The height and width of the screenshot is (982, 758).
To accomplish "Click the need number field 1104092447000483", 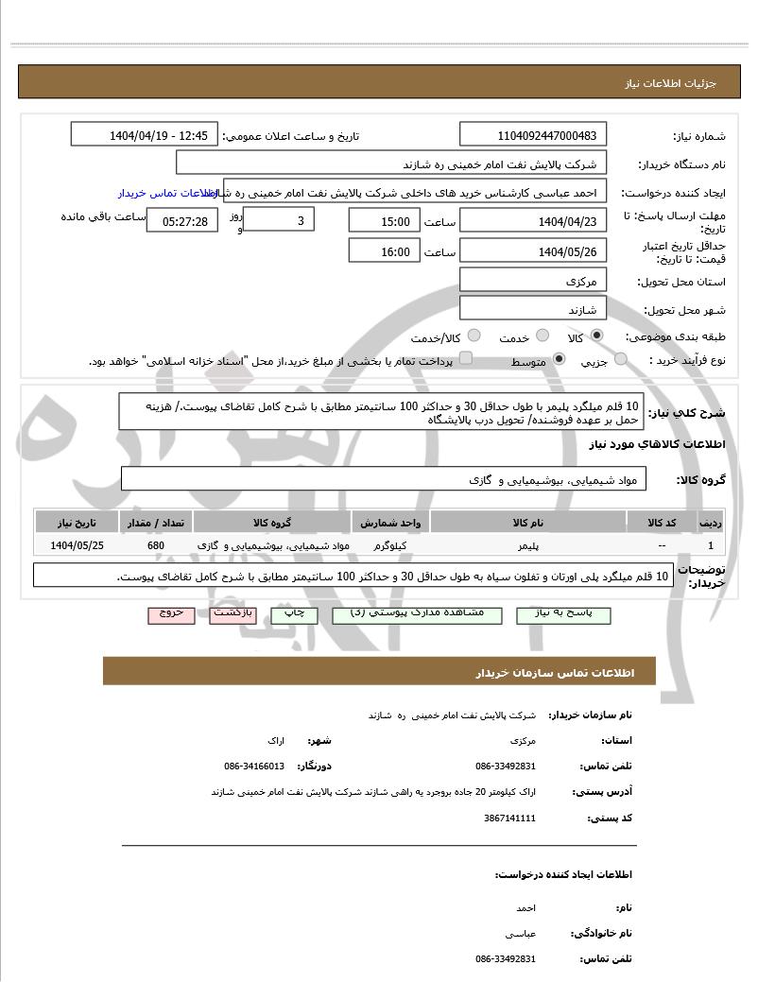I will point(534,135).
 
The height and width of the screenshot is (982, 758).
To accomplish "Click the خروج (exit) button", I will point(171,614).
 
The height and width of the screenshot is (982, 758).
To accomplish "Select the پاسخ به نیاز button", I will point(563,614).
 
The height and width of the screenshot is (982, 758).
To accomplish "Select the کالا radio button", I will point(596,336).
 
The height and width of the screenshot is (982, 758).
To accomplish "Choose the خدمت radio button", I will point(542,336).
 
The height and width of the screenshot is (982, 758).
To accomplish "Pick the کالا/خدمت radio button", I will point(474,336).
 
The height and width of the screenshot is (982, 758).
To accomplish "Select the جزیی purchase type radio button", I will point(621,359).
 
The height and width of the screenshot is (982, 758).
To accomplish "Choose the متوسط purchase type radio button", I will point(559,359).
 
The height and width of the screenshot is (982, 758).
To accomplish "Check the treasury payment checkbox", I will point(465,359).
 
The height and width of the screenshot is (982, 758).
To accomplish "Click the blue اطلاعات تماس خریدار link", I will point(168,193).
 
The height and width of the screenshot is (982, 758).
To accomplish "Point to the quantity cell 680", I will point(156,546).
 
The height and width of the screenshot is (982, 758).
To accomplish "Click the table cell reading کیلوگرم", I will point(390,546).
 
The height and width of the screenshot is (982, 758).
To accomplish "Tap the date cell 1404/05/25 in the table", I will point(78,546).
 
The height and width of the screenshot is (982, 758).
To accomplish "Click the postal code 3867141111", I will point(509,818).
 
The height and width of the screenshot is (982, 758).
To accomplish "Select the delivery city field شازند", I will point(533,309).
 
